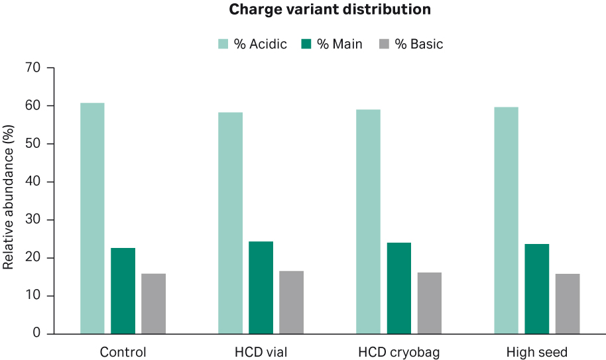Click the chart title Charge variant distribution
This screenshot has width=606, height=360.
(x=330, y=10)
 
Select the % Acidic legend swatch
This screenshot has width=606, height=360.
(x=223, y=44)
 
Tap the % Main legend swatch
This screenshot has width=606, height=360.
(x=306, y=44)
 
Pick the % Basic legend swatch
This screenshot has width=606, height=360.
(x=385, y=44)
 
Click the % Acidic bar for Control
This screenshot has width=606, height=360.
(x=92, y=218)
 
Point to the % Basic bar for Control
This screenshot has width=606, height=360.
(x=153, y=303)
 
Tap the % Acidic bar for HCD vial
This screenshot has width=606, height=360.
(x=230, y=223)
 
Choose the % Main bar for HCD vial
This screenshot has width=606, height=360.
(x=261, y=287)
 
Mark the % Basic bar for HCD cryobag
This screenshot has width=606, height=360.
(x=429, y=302)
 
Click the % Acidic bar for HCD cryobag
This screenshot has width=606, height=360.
(x=368, y=221)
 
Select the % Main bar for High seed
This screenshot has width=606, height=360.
(x=536, y=288)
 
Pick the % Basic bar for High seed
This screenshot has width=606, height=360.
(x=568, y=303)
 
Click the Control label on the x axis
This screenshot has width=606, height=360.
(x=123, y=351)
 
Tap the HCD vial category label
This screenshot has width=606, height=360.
(x=261, y=351)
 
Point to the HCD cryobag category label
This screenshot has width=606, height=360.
(x=398, y=351)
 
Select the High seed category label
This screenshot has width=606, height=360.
(x=536, y=351)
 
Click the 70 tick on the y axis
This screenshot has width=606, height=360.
(x=32, y=68)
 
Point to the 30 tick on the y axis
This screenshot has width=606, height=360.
(x=32, y=219)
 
